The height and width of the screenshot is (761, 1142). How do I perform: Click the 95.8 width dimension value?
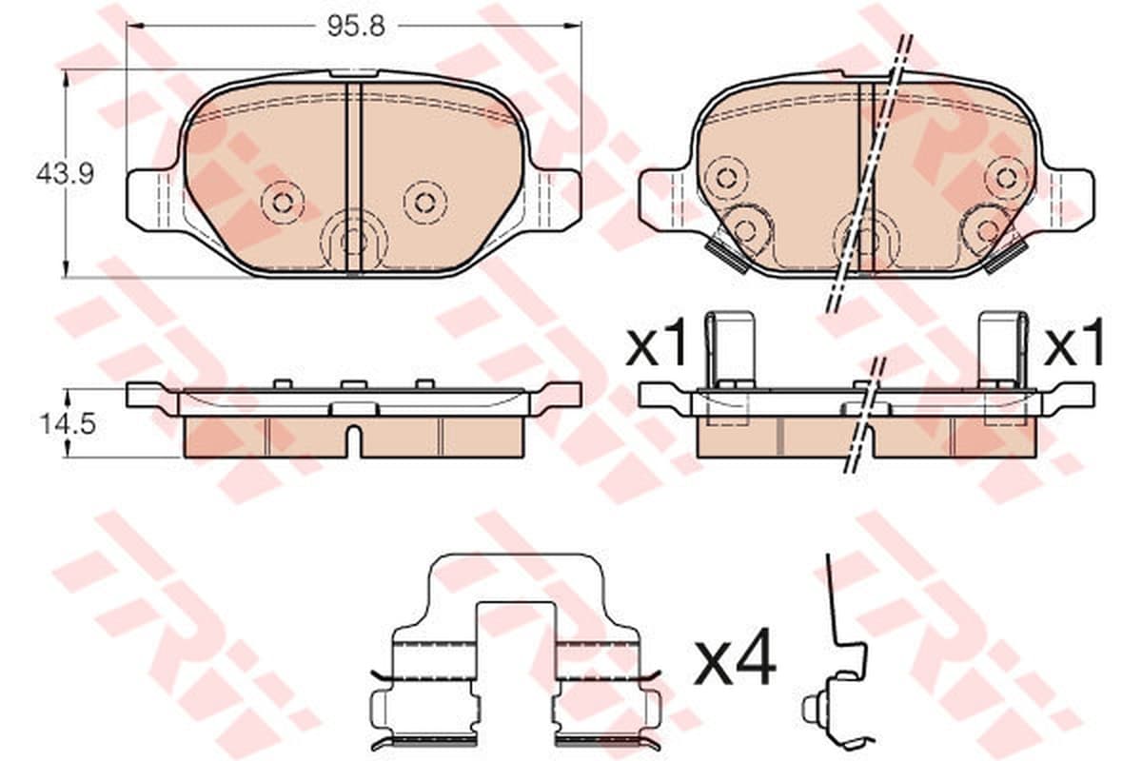(356, 26)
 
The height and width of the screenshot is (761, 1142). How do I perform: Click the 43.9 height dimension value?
(65, 175)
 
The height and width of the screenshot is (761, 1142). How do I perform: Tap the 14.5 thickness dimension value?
(68, 424)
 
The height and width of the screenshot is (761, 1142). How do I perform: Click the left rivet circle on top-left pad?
(282, 203)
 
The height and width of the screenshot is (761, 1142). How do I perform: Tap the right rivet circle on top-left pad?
(424, 203)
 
